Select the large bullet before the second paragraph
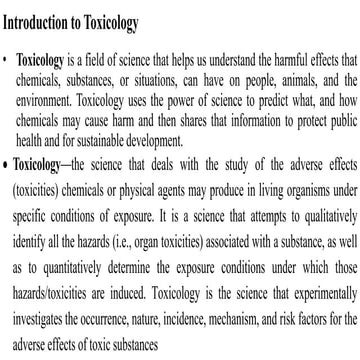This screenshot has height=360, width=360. [x=7, y=161]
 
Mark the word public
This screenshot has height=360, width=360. [x=336, y=116]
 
